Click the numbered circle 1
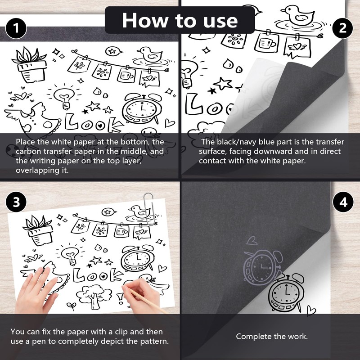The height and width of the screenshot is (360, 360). pyautogui.click(x=16, y=28)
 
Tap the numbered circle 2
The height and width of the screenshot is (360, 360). pyautogui.click(x=342, y=28)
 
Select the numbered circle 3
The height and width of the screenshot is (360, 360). pyautogui.click(x=16, y=202)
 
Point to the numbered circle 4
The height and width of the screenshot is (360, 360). pyautogui.click(x=343, y=202)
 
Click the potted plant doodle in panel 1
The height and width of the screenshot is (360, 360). pyautogui.click(x=29, y=65)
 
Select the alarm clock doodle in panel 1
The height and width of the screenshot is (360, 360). pyautogui.click(x=142, y=108)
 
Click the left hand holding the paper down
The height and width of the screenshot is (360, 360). pyautogui.click(x=37, y=290)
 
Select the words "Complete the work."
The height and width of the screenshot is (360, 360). pyautogui.click(x=272, y=336)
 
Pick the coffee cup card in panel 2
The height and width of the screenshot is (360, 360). pyautogui.click(x=266, y=42)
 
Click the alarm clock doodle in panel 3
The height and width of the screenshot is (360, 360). pyautogui.click(x=138, y=258)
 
